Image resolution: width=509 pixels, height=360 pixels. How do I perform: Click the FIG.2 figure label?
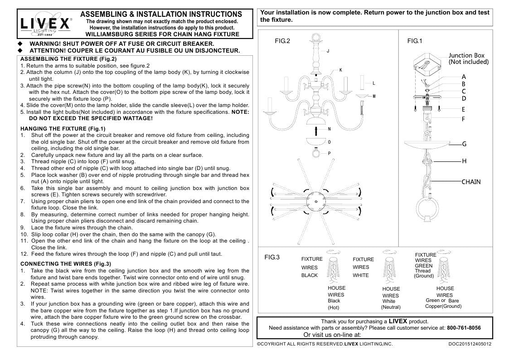[282, 41]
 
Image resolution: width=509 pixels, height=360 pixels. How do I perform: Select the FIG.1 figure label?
[414, 41]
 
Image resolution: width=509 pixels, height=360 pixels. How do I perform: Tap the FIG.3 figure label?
[272, 257]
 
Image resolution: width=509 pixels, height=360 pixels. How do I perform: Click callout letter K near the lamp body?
[340, 70]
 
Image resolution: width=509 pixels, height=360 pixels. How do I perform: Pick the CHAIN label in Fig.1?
[471, 182]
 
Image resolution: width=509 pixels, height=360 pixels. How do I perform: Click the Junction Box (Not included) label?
[468, 58]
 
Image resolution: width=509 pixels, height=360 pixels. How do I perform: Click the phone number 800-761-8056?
[464, 328]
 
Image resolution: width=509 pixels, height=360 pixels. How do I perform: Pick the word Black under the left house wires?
[334, 301]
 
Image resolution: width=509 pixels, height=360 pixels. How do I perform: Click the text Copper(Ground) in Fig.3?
[443, 306]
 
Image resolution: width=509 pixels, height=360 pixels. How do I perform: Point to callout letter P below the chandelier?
[329, 153]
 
